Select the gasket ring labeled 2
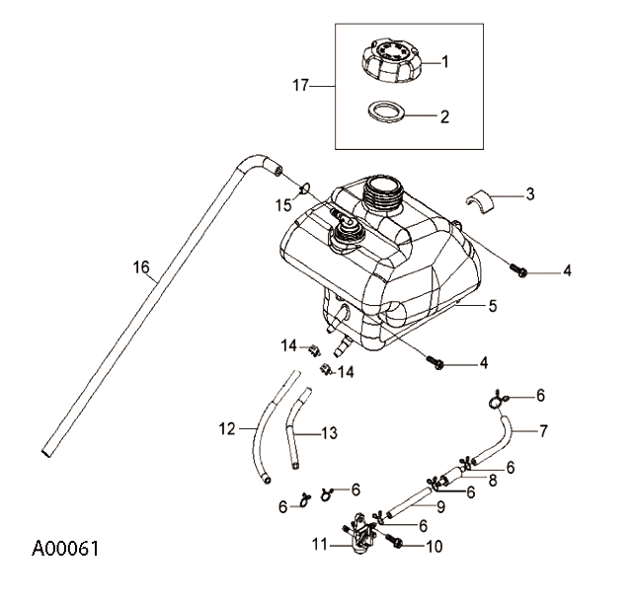(x=387, y=113)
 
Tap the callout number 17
(x=302, y=87)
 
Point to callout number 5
(x=492, y=307)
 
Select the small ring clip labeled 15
(x=305, y=187)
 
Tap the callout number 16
(x=141, y=266)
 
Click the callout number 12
(x=227, y=428)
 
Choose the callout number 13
(x=329, y=432)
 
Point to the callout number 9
(x=442, y=507)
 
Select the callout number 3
(x=529, y=194)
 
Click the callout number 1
(x=445, y=61)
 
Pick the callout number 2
(x=445, y=115)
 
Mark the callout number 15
(x=283, y=205)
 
